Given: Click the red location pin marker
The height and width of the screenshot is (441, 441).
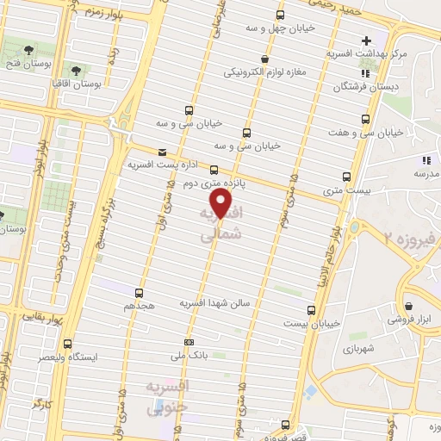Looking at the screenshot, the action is (x=222, y=204).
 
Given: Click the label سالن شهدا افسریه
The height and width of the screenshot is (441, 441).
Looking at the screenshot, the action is (x=213, y=304).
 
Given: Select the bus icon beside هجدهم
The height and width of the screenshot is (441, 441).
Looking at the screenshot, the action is (x=139, y=292).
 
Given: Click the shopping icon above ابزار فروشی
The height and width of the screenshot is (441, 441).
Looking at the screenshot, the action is (x=407, y=304).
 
